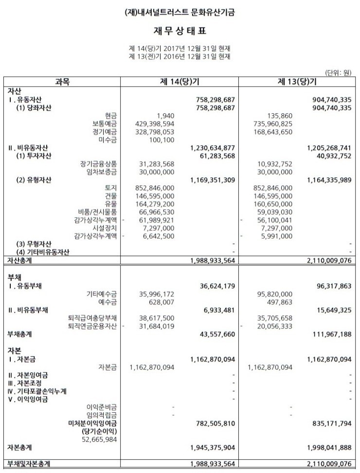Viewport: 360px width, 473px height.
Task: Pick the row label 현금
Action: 111,116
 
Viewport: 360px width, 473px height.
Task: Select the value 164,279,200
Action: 153,204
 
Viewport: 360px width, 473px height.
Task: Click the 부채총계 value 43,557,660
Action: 215,334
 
